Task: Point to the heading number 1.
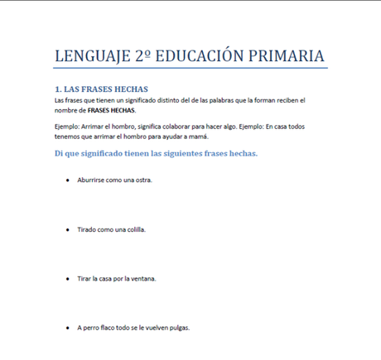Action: coord(58,89)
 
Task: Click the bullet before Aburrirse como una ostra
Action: coord(67,180)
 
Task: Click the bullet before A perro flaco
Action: coord(67,328)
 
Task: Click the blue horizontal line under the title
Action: coord(190,69)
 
